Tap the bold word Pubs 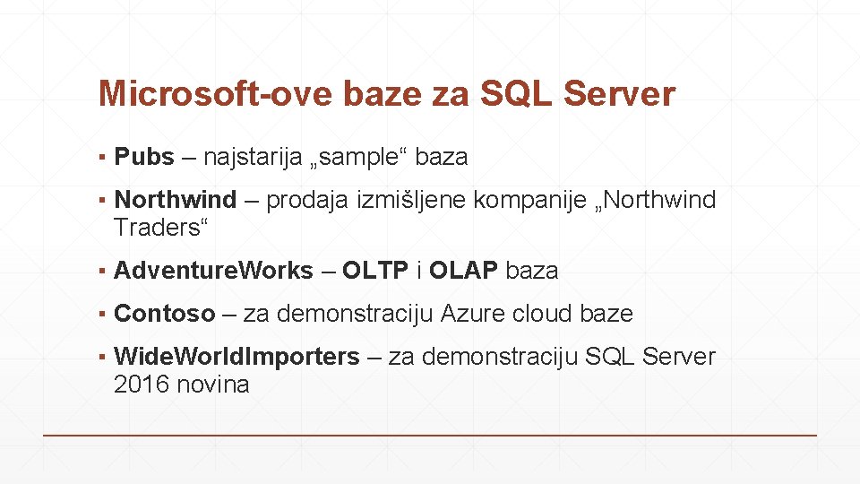(x=144, y=157)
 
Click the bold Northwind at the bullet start (x=176, y=200)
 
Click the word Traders (x=156, y=228)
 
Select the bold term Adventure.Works (x=214, y=271)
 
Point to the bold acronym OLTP (x=375, y=271)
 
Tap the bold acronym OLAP (x=464, y=271)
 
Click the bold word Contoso (x=165, y=314)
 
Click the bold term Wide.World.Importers (x=236, y=357)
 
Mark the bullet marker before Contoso (x=104, y=315)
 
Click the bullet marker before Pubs (x=104, y=158)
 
